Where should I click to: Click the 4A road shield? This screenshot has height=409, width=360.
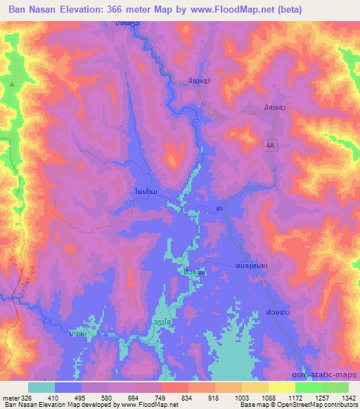pos(271,145)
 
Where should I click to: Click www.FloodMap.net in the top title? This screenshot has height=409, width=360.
pos(255,10)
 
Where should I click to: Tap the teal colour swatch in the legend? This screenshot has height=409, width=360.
pos(41,387)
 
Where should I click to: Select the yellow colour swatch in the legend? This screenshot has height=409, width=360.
pos(281,387)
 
